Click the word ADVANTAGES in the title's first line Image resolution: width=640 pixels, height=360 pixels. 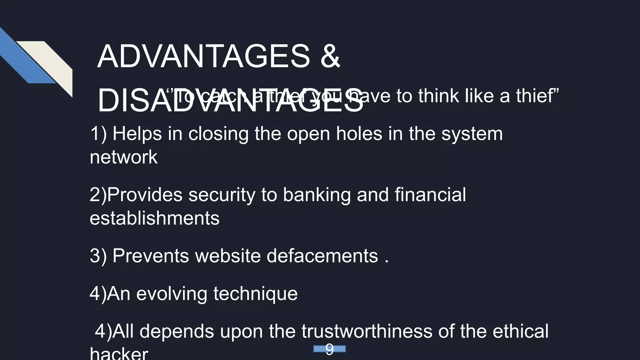(x=203, y=57)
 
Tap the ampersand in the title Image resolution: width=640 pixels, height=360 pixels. (x=330, y=57)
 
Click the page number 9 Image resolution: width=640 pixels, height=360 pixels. (x=329, y=349)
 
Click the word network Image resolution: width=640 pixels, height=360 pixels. (x=124, y=157)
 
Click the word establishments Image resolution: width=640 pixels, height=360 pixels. (x=154, y=218)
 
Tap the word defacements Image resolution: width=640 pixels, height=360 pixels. (x=322, y=256)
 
